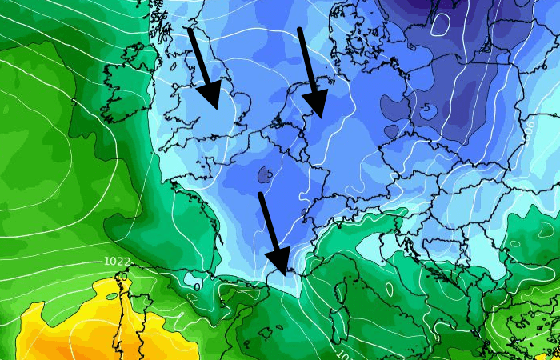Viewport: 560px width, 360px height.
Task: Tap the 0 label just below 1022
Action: pos(123,276)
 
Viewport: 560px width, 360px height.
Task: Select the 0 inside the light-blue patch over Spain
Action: pos(197,285)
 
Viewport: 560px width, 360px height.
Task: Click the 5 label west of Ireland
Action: pos(74,102)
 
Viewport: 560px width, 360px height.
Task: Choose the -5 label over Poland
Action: pos(425,108)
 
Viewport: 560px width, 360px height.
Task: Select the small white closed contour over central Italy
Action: pos(389,289)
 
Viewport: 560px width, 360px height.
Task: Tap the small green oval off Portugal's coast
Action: pos(111,297)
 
